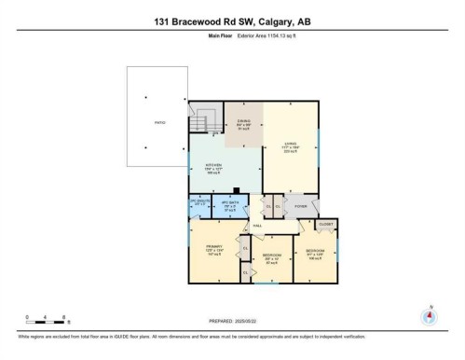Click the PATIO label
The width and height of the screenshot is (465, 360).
pos(159,122)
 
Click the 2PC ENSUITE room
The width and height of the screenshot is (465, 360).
pos(199,204)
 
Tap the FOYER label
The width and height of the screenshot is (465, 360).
pos(300,205)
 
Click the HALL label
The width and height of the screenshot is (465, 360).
pos(256,226)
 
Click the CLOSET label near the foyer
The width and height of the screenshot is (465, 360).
pos(325,225)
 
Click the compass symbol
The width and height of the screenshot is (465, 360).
pos(430,315)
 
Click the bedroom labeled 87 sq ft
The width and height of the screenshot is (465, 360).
pos(271,256)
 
